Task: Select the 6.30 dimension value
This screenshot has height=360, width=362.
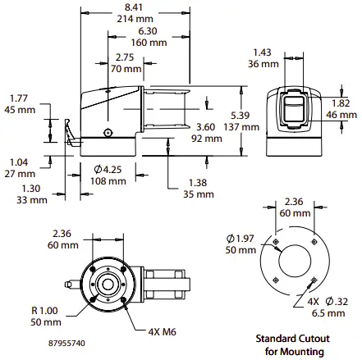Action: (x=149, y=30)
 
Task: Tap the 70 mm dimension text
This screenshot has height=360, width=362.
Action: (x=126, y=70)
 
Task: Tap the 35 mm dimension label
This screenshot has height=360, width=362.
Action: (x=198, y=194)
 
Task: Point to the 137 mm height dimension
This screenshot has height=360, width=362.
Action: (x=251, y=128)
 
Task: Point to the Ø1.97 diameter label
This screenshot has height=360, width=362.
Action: (x=241, y=238)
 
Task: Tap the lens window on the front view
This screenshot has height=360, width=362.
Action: (x=294, y=111)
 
